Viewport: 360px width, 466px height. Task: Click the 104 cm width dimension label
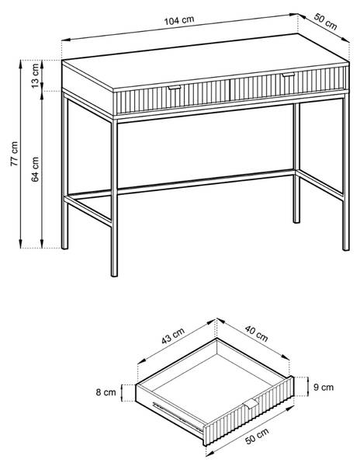(179, 20)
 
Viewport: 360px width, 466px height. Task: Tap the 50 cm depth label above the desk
(325, 22)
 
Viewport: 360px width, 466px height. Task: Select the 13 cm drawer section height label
(35, 76)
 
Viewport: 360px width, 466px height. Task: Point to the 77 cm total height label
(14, 154)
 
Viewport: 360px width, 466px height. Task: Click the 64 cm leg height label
(35, 169)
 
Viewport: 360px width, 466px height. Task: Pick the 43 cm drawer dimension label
(173, 336)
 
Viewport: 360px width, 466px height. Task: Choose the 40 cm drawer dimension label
(256, 334)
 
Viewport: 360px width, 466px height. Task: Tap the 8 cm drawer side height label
(106, 392)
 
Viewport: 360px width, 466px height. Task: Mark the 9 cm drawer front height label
(324, 387)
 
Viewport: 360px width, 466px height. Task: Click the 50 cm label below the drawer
(257, 436)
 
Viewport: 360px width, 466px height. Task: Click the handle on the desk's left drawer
(175, 88)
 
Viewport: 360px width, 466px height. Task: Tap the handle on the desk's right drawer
(288, 75)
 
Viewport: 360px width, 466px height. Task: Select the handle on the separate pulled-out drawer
(251, 404)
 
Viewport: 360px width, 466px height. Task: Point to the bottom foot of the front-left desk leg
(114, 274)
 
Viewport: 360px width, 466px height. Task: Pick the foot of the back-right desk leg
(296, 221)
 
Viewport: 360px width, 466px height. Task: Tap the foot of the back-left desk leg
(64, 247)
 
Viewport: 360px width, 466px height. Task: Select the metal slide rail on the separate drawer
(178, 416)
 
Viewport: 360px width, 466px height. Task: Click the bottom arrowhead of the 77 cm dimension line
(20, 244)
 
